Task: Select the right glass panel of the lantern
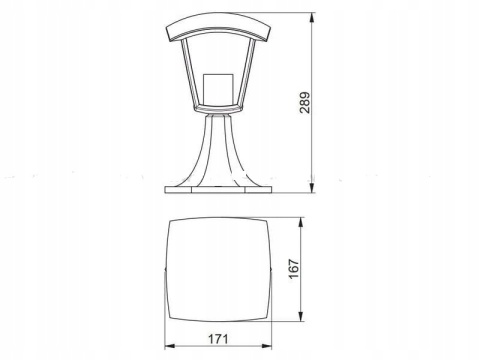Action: (241, 75)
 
